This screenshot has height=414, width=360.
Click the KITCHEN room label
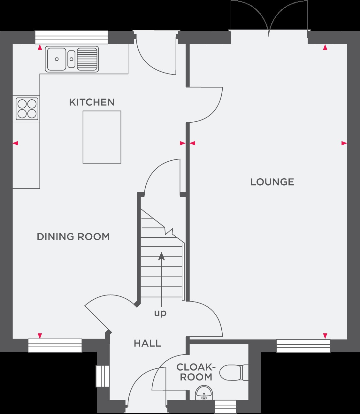tap(92, 103)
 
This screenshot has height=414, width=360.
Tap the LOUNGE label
tap(272, 182)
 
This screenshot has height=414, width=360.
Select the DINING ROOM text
tap(73, 237)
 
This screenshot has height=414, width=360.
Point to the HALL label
tap(148, 343)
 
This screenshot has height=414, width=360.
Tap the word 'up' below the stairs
tap(160, 313)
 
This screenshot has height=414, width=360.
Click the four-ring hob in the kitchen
tap(27, 109)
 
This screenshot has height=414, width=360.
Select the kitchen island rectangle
tap(102, 137)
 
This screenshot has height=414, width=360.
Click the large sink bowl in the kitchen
tap(57, 59)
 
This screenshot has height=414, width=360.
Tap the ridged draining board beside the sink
tap(87, 59)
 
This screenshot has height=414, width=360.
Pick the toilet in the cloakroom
tap(234, 372)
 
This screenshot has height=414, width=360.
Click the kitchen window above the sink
tap(72, 37)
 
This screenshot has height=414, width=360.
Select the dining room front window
tap(55, 346)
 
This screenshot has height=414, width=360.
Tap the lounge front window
tap(303, 346)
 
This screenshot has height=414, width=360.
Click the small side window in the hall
tap(103, 376)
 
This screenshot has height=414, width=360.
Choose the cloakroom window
tap(225, 407)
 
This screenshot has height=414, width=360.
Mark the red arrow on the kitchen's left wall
tap(15, 143)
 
